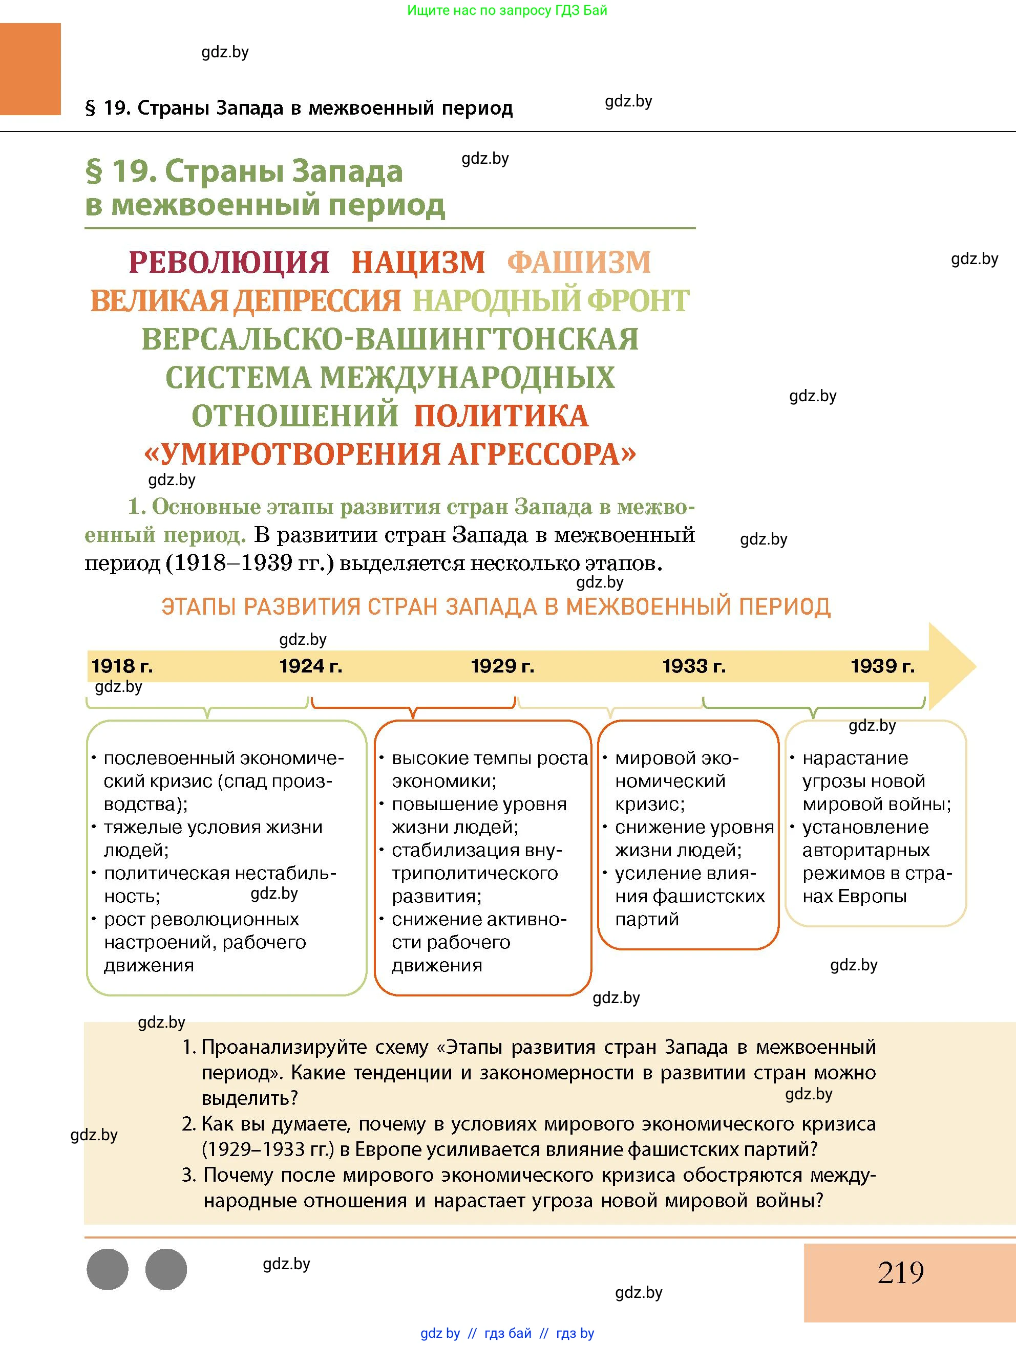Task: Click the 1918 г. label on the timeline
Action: point(122,666)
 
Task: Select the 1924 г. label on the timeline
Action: point(311,666)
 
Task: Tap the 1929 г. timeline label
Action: point(502,666)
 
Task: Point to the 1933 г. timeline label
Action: point(694,666)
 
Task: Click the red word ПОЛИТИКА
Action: point(501,416)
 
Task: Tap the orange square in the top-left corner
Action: point(30,69)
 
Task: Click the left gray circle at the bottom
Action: point(108,1269)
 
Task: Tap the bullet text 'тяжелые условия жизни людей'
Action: point(213,838)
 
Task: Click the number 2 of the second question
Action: point(187,1124)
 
